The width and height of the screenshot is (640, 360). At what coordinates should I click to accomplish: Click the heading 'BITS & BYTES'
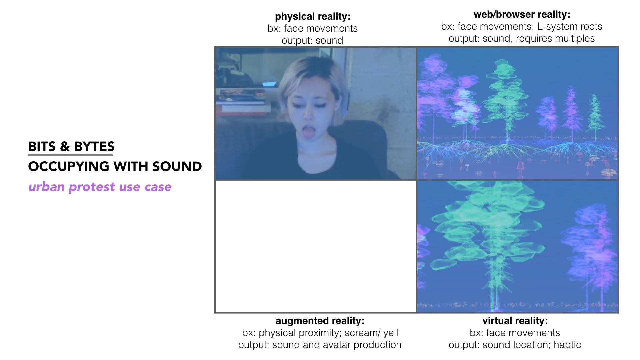click(71, 147)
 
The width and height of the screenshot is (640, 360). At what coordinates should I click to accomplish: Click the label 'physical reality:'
click(313, 16)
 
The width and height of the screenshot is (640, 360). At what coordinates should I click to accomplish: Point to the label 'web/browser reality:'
click(522, 14)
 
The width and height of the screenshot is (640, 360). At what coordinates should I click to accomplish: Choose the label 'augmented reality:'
click(320, 321)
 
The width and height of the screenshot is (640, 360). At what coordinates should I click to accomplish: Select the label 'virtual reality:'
click(515, 321)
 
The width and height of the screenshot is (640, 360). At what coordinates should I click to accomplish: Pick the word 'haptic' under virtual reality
click(567, 345)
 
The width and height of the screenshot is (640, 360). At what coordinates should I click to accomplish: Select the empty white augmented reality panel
click(316, 247)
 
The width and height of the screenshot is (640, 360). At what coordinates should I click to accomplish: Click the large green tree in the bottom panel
click(490, 233)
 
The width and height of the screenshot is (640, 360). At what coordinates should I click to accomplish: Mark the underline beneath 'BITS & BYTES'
click(71, 155)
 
